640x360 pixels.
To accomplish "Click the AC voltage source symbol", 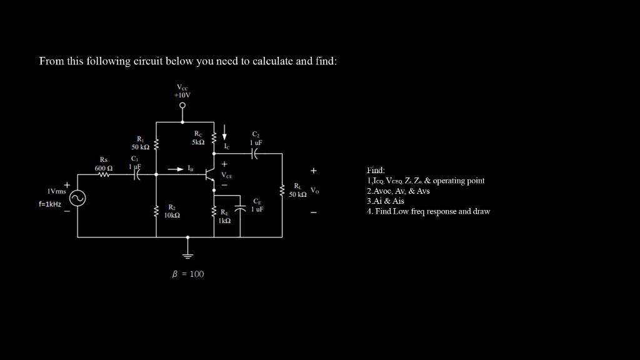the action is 77,199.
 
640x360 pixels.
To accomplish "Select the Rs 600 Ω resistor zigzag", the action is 104,176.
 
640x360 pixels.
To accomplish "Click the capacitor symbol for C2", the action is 255,154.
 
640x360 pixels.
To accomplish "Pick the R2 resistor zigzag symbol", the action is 156,212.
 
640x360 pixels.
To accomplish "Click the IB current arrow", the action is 176,169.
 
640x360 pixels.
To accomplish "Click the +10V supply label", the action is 182,95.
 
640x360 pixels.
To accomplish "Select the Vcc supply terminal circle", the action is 182,106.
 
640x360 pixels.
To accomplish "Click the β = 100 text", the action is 188,274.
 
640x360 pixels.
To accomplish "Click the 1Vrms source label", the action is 57,191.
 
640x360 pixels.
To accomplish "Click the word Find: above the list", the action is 376,170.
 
